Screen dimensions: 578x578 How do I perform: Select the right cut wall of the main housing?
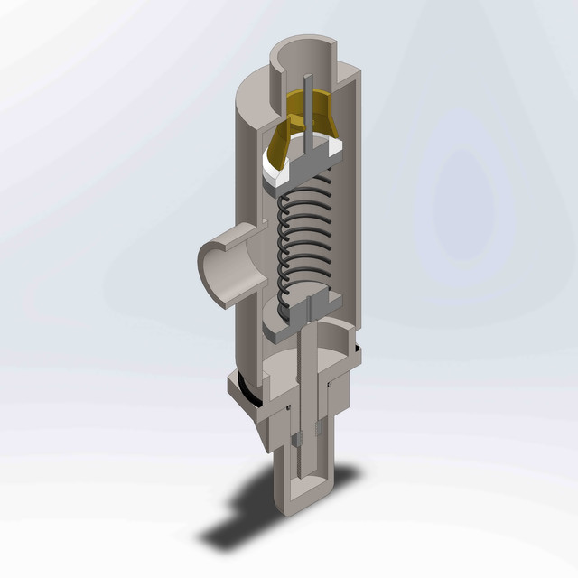352,226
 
